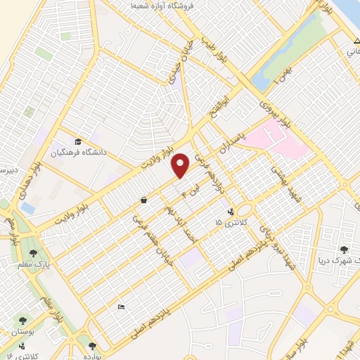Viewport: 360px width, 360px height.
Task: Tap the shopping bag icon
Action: (x=143, y=200)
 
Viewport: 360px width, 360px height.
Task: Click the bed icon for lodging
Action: (x=120, y=307)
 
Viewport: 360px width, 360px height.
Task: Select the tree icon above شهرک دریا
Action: (x=344, y=249)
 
